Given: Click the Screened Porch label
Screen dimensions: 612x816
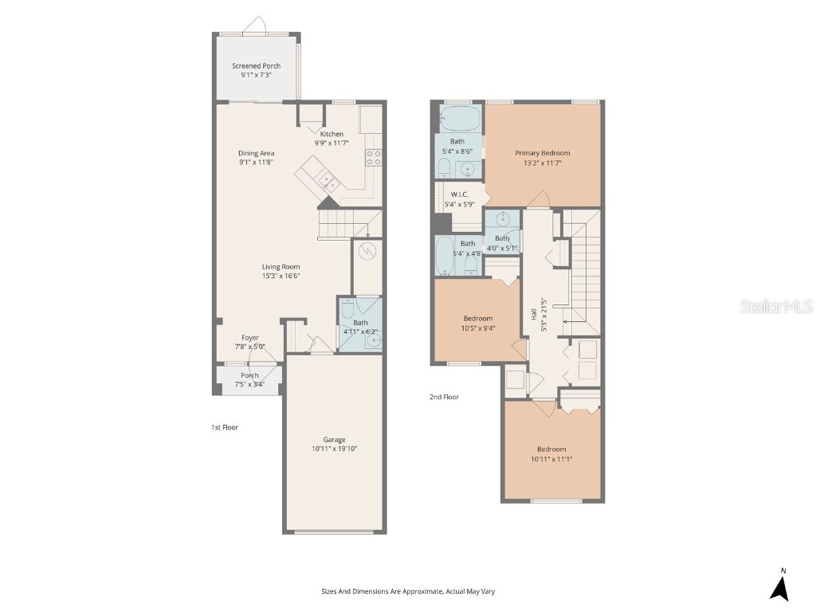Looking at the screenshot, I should pyautogui.click(x=256, y=66).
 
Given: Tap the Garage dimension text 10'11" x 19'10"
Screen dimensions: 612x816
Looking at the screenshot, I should pyautogui.click(x=335, y=449).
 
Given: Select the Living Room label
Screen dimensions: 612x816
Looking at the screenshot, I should pyautogui.click(x=280, y=267).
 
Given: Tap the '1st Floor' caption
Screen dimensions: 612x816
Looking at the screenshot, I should pyautogui.click(x=225, y=427).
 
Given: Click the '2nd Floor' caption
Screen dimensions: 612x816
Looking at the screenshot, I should pyautogui.click(x=445, y=397).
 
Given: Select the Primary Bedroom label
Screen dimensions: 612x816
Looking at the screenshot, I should pyautogui.click(x=542, y=153).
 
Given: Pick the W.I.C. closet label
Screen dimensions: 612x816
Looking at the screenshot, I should pyautogui.click(x=459, y=194).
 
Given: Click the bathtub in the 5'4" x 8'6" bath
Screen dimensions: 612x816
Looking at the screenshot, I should pyautogui.click(x=460, y=120).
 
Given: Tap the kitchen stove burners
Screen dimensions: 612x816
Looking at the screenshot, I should pyautogui.click(x=373, y=157).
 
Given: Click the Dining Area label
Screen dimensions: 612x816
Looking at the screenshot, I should pyautogui.click(x=256, y=153).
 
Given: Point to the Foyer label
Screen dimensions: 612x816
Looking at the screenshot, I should pyautogui.click(x=250, y=338).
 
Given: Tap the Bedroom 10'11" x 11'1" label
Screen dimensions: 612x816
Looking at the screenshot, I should pyautogui.click(x=551, y=449).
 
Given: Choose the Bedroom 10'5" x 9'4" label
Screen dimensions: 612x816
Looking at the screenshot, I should pyautogui.click(x=478, y=318).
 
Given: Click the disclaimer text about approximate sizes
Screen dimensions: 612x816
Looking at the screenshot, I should pyautogui.click(x=408, y=591).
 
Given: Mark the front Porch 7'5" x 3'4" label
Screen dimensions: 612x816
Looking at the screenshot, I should pyautogui.click(x=249, y=376).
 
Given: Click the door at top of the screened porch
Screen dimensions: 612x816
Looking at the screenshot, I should pyautogui.click(x=256, y=26).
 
